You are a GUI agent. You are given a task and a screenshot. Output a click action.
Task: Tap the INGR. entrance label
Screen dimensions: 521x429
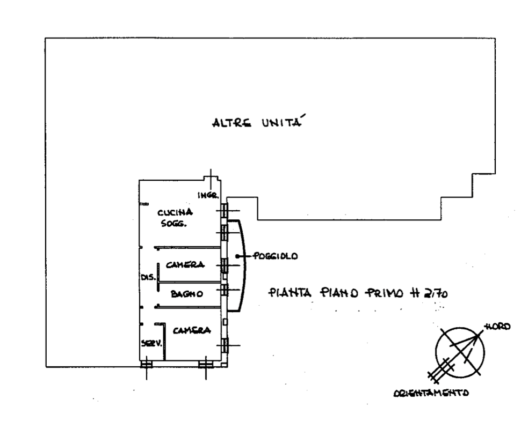tap(208, 195)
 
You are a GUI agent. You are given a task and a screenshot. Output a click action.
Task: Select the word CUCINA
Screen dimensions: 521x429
tap(175, 212)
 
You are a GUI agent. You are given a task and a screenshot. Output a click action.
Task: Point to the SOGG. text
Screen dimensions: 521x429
tap(174, 223)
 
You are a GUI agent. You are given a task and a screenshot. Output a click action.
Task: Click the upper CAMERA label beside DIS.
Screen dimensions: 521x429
tap(185, 265)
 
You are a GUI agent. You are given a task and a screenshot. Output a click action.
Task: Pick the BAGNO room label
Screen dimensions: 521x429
tap(187, 294)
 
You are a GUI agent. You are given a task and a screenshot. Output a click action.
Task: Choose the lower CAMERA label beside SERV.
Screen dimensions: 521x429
tap(192, 330)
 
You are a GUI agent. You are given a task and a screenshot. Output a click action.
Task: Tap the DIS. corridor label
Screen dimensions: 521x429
tap(149, 277)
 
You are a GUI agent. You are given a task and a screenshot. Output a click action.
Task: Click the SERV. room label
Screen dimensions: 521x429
tap(151, 343)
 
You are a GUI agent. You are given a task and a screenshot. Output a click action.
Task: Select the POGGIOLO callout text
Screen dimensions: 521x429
tap(276, 256)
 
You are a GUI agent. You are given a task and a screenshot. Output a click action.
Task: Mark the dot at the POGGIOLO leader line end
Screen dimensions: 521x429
tap(237, 256)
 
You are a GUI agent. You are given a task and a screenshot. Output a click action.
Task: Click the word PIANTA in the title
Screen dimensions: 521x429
tap(290, 293)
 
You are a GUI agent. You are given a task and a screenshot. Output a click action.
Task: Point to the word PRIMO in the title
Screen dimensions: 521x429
tap(384, 293)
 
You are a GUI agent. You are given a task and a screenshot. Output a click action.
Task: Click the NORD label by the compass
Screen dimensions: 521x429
tap(497, 327)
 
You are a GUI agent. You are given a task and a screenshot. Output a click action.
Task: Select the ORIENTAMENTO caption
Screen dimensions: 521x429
tap(431, 393)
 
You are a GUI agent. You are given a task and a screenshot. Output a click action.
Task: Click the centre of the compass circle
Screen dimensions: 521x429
tap(460, 352)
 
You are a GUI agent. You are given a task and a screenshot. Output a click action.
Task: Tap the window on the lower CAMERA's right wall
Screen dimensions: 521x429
tap(225, 345)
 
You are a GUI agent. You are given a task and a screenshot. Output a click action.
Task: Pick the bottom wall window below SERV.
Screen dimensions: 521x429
tap(146, 364)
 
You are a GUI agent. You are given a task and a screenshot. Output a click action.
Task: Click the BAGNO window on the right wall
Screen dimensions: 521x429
tap(225, 290)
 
